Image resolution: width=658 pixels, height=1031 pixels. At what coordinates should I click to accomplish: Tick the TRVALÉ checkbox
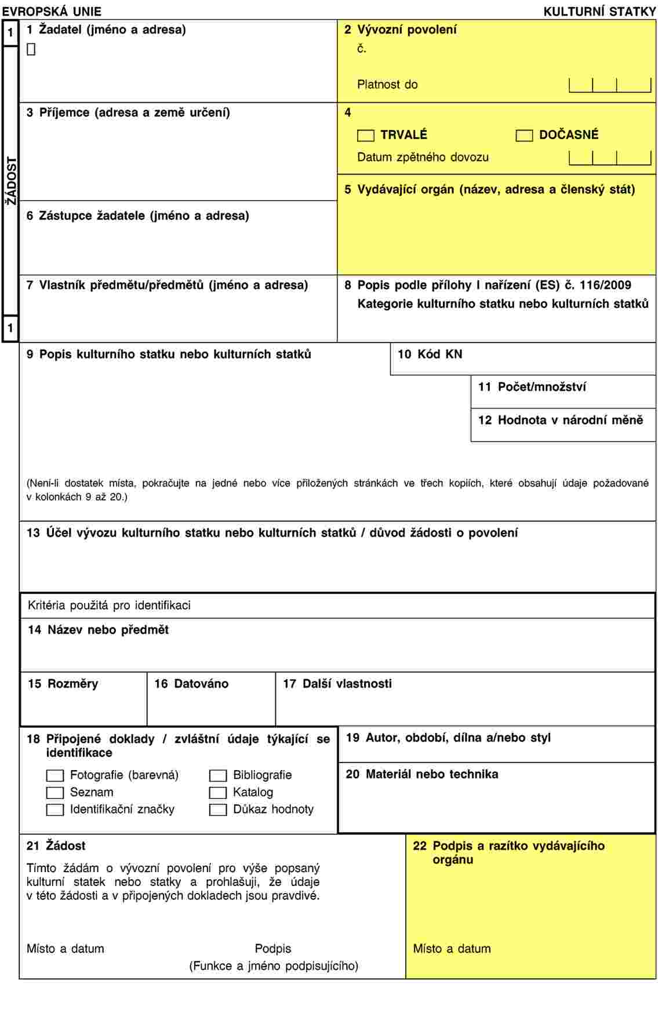pyautogui.click(x=366, y=136)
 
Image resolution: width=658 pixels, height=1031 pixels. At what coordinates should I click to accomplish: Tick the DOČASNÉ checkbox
pyautogui.click(x=524, y=136)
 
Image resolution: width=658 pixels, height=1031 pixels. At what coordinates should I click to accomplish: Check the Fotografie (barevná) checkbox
pyautogui.click(x=55, y=776)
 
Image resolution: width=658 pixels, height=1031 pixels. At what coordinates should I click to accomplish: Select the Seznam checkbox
pyautogui.click(x=55, y=793)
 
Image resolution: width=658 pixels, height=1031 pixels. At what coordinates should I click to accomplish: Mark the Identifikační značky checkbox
pyautogui.click(x=55, y=810)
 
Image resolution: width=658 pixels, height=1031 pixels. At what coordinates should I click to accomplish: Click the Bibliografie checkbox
pyautogui.click(x=218, y=776)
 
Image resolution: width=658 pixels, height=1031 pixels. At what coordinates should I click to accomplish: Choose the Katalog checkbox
pyautogui.click(x=218, y=793)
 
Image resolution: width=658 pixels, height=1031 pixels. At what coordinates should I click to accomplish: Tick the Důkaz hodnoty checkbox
pyautogui.click(x=218, y=810)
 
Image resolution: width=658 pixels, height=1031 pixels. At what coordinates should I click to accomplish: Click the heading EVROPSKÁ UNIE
pyautogui.click(x=52, y=12)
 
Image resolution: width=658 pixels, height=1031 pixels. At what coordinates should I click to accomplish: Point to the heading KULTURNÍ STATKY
pyautogui.click(x=599, y=12)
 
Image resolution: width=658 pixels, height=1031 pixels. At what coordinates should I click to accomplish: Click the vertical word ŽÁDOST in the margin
pyautogui.click(x=11, y=181)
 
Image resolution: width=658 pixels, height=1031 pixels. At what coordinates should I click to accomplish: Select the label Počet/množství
pyautogui.click(x=541, y=387)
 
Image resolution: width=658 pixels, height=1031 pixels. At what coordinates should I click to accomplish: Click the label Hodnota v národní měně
pyautogui.click(x=570, y=420)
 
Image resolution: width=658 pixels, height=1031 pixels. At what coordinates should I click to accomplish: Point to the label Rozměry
pyautogui.click(x=72, y=684)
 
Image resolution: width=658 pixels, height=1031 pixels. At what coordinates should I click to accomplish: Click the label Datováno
pyautogui.click(x=201, y=684)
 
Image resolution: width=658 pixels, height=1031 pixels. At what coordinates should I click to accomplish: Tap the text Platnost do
pyautogui.click(x=387, y=85)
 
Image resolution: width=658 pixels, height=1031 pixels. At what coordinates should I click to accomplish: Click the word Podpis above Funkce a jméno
pyautogui.click(x=273, y=949)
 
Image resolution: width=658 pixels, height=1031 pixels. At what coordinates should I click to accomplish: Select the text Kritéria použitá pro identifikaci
pyautogui.click(x=109, y=605)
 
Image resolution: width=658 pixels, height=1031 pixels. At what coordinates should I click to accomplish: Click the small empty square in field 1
pyautogui.click(x=31, y=50)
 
